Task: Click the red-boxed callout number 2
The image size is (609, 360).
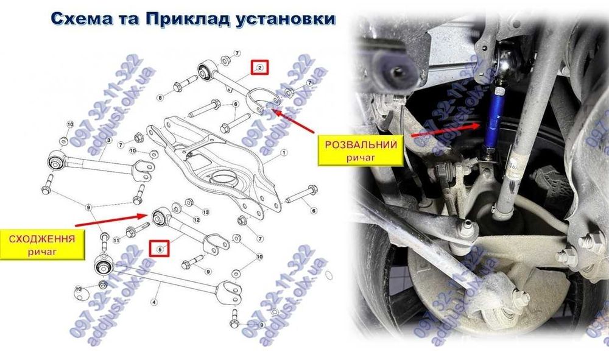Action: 259,67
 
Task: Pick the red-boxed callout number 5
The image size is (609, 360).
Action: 160,249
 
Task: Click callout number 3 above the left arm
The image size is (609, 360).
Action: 108,141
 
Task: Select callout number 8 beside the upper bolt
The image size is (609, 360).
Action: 160,97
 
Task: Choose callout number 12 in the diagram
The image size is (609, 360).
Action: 196,219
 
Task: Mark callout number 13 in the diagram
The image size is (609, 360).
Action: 205,211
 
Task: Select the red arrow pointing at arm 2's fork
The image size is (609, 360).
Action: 292,120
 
